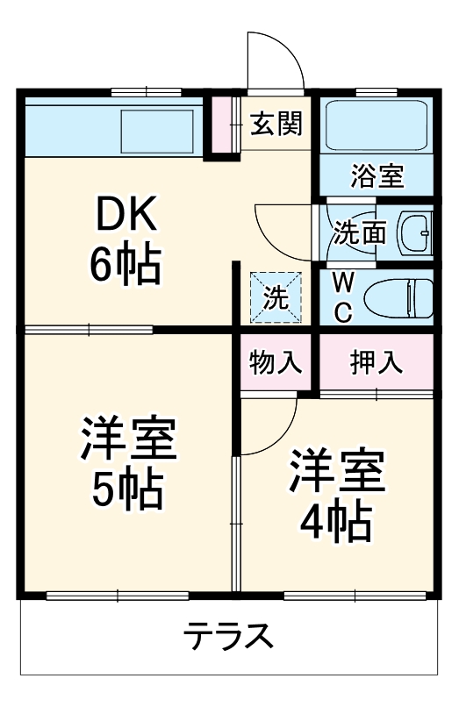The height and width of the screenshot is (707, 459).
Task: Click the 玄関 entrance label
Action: point(276,125)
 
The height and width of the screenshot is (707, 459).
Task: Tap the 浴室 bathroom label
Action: point(377,176)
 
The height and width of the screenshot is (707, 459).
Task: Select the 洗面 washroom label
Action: point(360,232)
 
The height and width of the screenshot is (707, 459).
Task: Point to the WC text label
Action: point(344,296)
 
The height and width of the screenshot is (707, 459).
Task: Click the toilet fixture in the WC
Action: point(399,296)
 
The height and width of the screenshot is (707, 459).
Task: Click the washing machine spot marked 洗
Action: point(276,296)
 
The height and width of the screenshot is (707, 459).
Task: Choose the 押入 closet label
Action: point(376,361)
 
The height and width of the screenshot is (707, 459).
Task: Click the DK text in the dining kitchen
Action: point(126,214)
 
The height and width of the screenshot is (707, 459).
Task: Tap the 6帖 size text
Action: point(126,264)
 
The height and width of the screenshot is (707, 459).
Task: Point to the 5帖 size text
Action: point(128,491)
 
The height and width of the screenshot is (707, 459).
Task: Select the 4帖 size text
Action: point(336,524)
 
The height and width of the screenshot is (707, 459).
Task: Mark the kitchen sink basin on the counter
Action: point(155,130)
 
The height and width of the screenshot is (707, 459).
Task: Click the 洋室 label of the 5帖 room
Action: point(128,441)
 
